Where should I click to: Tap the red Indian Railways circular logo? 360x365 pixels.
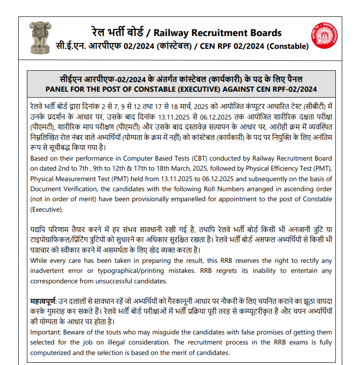tap(325, 37)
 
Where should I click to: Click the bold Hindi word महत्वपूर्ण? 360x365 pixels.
tap(42, 302)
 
